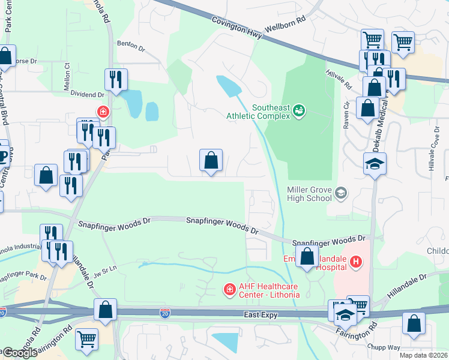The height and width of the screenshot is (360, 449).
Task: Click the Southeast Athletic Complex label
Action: click(259, 112)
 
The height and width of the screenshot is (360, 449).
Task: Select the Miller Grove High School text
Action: click(309, 194)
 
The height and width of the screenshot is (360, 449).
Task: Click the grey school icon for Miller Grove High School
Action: click(341, 192)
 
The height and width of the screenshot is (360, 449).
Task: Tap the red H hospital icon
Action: click(356, 262)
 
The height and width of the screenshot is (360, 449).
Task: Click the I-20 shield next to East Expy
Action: click(164, 313)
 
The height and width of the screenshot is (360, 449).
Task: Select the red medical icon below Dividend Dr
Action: click(103, 111)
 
